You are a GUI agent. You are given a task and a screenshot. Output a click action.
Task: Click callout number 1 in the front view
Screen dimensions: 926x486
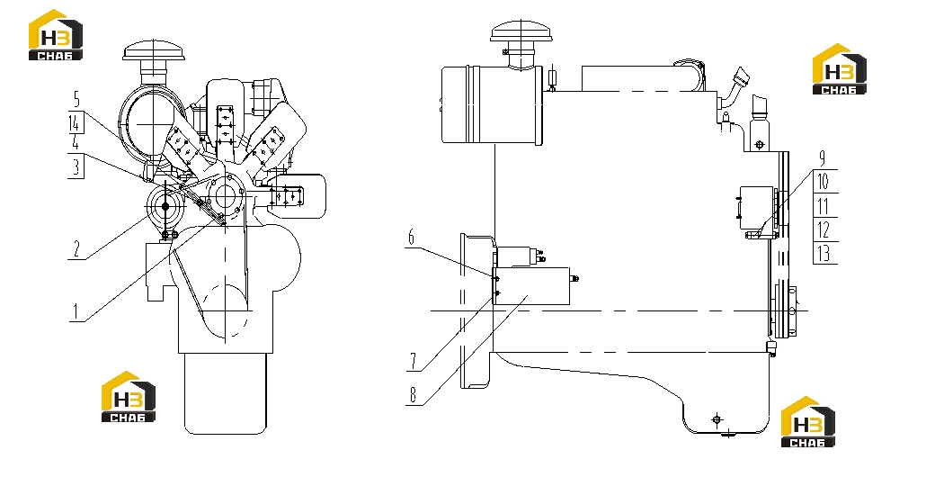[75, 311]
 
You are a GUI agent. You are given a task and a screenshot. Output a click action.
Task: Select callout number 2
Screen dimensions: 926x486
[76, 248]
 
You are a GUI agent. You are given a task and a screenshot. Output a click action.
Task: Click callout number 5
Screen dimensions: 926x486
[76, 100]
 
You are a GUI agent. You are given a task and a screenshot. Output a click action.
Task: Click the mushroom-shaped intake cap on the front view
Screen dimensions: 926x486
[154, 50]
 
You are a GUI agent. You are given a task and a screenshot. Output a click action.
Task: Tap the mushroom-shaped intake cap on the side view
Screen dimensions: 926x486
[521, 31]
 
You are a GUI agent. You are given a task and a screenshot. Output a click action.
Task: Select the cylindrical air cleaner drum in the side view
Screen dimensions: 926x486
[492, 104]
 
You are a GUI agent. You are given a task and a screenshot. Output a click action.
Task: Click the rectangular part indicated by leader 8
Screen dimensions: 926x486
[531, 285]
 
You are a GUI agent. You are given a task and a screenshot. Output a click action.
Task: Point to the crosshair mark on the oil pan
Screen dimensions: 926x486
[717, 419]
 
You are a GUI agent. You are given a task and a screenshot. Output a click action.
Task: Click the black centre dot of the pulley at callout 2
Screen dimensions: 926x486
[165, 206]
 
